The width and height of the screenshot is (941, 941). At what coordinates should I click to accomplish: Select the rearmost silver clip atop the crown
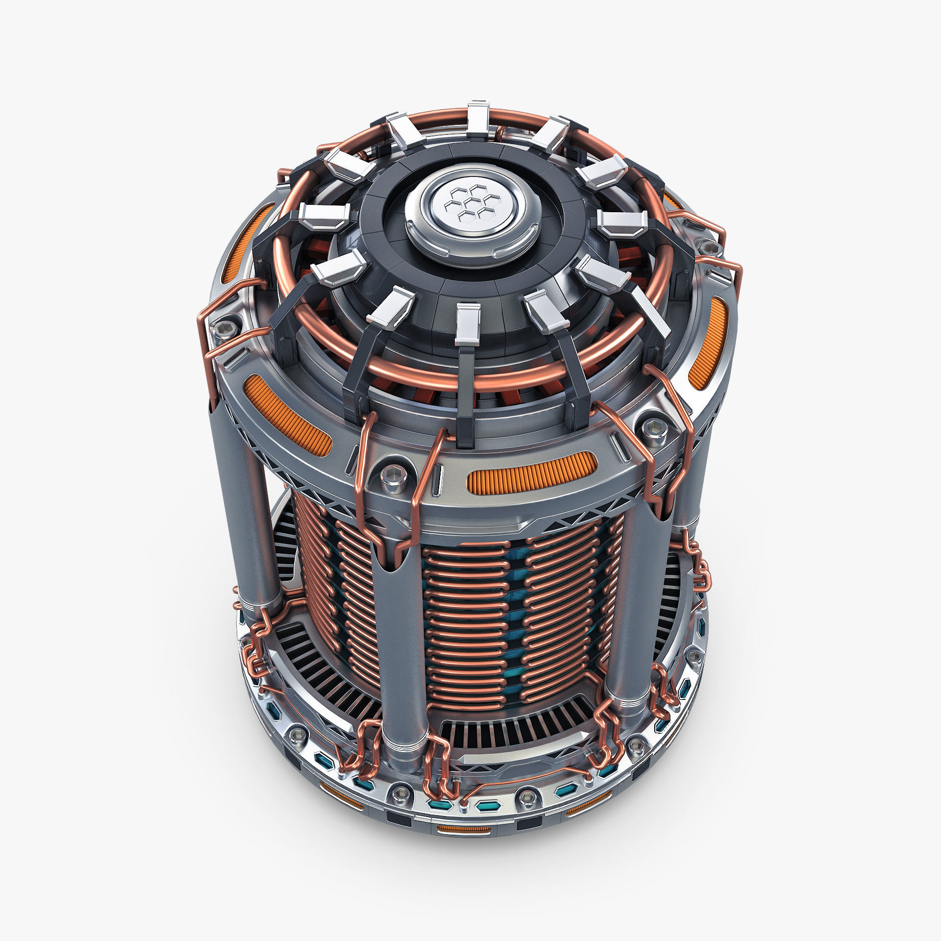(x=478, y=118)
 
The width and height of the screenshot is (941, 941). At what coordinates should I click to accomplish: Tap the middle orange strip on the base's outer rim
(x=463, y=829)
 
